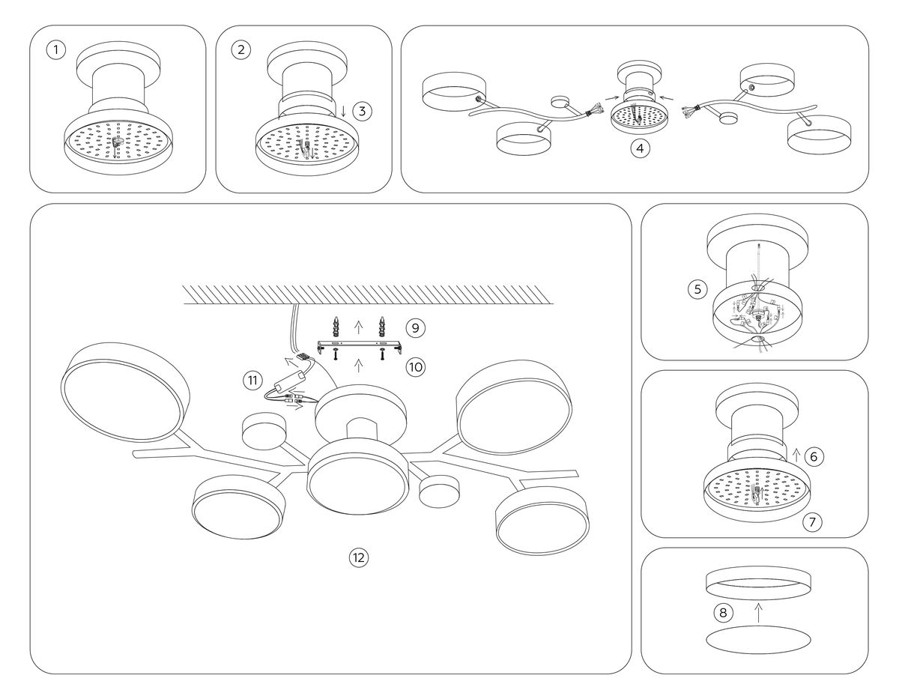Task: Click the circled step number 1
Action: pos(55,51)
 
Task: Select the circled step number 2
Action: pos(240,51)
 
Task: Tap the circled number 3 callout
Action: pos(362,112)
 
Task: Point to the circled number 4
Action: pos(639,148)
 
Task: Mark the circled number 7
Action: pos(812,522)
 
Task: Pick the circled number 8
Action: pos(723,614)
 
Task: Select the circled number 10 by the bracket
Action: pos(415,366)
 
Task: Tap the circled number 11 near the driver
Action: pos(252,381)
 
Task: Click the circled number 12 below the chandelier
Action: pos(359,557)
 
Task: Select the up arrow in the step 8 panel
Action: pos(758,613)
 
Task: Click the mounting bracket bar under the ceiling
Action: pos(360,345)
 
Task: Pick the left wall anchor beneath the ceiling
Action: pos(336,327)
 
